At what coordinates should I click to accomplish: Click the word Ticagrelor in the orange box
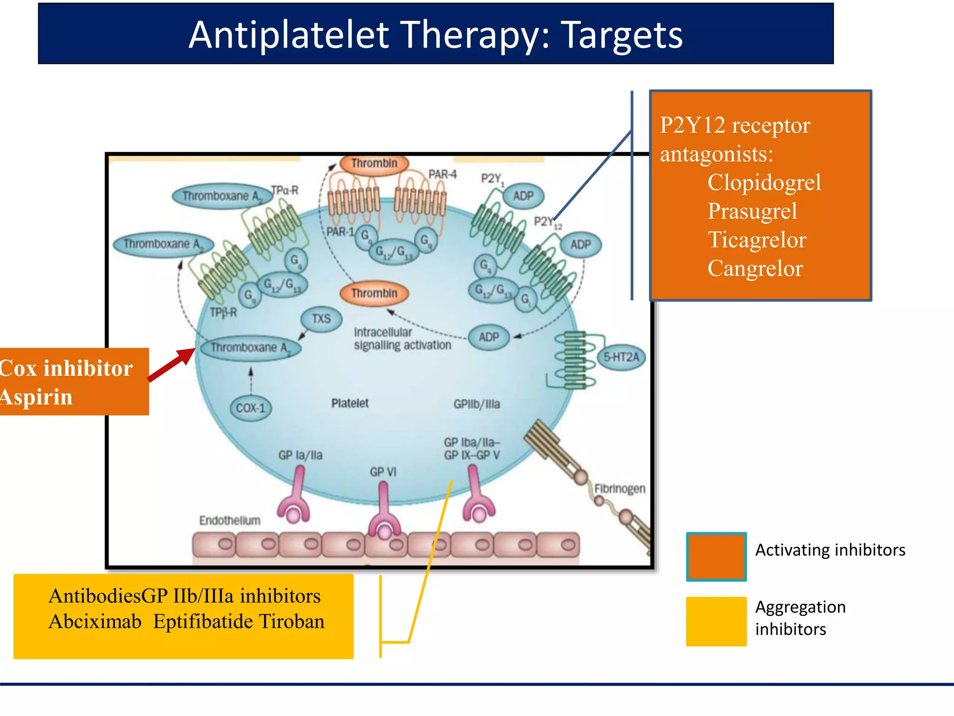coord(756,240)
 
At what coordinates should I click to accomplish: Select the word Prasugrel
coord(752,211)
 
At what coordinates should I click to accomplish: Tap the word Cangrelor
coord(755,268)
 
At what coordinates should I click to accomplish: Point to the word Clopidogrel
coord(764,182)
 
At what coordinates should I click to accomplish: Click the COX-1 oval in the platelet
coord(251,408)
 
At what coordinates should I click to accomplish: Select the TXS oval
coord(321,319)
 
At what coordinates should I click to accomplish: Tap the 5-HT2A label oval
coord(621,357)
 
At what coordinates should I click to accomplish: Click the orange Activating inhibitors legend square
coord(716,557)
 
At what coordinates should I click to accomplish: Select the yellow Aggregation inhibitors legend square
coord(716,621)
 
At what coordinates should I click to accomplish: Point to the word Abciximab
coord(95,621)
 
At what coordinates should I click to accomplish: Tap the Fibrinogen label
coord(620,489)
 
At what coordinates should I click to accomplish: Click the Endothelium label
coord(230,520)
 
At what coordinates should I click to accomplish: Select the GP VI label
coord(383,472)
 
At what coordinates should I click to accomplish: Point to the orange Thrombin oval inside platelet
coord(374,293)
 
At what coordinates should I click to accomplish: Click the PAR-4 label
coord(443,174)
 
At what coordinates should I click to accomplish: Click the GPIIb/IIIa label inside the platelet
coord(477,404)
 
